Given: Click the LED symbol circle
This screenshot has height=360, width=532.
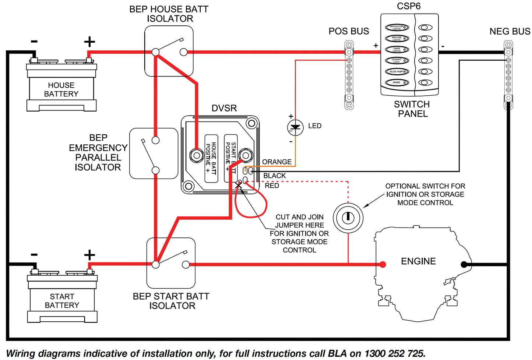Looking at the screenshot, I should pos(295,127).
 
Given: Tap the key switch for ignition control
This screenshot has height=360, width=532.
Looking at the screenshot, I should pos(348,218).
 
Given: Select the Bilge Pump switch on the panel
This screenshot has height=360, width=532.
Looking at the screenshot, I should pos(397,71).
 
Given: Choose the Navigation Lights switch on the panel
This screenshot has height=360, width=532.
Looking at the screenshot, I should pos(397,27).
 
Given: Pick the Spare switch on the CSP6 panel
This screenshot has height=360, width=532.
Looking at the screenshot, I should pos(397,82).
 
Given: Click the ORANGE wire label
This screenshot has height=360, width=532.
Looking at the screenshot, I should pos(276,162).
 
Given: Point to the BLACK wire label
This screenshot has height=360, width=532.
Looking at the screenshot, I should pos(274,176).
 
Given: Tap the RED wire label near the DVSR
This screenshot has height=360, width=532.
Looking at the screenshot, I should pos(272,186).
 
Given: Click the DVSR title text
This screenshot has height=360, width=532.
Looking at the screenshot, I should pos(224,108).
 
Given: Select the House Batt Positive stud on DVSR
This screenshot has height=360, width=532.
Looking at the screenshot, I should pos(197,155).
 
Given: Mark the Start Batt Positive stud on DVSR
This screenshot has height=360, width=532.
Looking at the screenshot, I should pos(246,155).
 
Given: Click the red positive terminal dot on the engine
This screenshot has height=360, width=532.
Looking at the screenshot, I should pos(383,264).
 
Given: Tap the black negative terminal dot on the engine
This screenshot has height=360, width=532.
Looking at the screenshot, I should pos(464,264).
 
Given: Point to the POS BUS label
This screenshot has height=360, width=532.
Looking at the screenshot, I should pos(349,31).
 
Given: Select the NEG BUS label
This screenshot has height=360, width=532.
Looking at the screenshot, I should pos(510,32).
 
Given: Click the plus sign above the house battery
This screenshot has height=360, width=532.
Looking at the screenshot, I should pos(89,42).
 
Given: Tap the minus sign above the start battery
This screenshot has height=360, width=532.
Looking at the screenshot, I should pos(34,254).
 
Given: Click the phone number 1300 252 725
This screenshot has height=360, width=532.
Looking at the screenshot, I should pos(395,354).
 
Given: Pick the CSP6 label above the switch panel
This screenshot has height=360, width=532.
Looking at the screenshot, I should pos(409,6).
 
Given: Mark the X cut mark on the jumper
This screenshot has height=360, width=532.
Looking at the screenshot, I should pos(239,186).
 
